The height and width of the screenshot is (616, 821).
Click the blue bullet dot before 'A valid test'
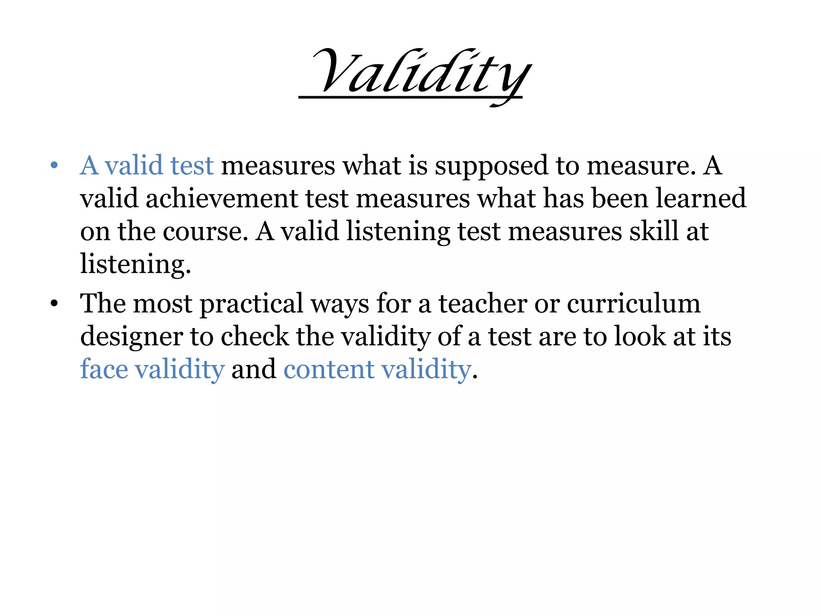(x=54, y=165)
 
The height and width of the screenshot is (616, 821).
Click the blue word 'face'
(x=104, y=369)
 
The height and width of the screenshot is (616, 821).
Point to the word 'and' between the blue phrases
(x=254, y=369)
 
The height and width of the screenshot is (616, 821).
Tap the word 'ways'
(x=340, y=304)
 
